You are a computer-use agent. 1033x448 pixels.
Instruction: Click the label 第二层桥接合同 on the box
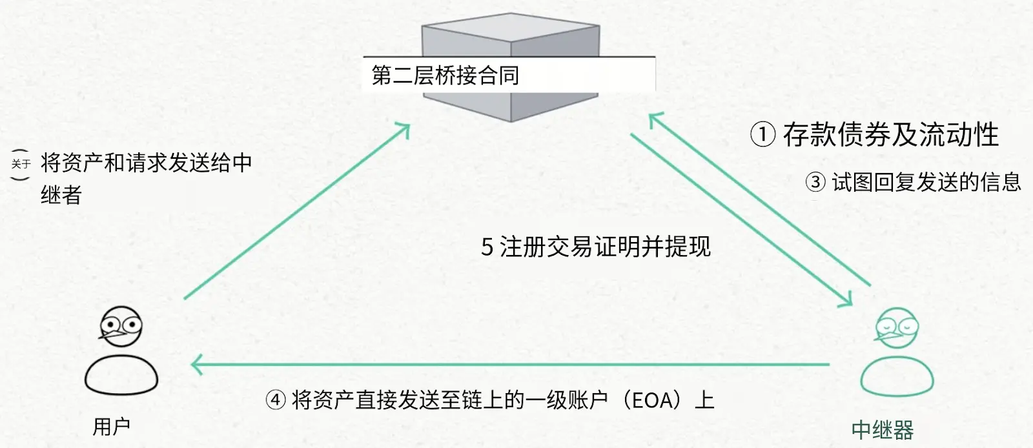[x=445, y=76]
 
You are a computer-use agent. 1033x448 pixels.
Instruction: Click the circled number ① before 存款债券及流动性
[x=762, y=135]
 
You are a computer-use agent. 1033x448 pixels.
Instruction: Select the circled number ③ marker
[x=815, y=182]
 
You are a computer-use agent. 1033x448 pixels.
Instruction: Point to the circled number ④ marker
[x=276, y=400]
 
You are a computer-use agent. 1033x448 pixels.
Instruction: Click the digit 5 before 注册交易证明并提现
[x=487, y=247]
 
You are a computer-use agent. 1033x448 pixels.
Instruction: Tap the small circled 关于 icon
[x=21, y=164]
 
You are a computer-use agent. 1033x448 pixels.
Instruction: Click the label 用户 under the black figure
[x=112, y=426]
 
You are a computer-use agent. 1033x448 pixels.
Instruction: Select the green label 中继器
[x=883, y=430]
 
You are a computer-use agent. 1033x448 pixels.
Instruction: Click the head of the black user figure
[x=121, y=325]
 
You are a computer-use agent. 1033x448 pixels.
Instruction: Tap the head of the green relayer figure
[x=897, y=327]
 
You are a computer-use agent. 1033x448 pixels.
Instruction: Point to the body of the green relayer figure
[x=897, y=377]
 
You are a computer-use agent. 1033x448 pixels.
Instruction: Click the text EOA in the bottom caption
[x=652, y=400]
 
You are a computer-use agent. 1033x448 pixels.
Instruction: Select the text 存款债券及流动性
[x=891, y=135]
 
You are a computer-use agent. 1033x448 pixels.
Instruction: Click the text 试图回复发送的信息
[x=926, y=182]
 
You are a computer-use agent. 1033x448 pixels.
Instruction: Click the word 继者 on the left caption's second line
[x=61, y=194]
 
